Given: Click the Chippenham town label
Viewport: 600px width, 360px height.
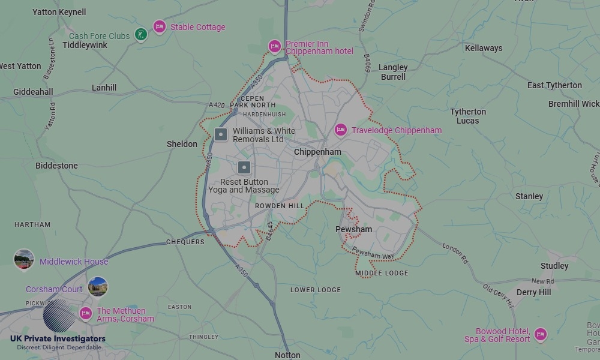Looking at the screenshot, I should coord(317,152).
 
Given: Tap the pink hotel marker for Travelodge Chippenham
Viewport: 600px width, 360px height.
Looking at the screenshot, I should coord(341,130).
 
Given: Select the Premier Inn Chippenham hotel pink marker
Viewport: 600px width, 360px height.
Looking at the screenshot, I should coord(275,46).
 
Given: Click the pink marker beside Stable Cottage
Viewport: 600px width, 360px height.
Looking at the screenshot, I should coord(159,26).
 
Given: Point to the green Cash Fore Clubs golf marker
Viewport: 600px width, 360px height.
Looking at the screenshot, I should coord(140,35).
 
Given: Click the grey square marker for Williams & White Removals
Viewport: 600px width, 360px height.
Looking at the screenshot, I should coord(221,134).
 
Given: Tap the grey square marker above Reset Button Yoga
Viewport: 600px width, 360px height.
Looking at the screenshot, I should coord(244,167).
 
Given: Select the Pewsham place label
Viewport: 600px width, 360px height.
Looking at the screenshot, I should coord(353,229).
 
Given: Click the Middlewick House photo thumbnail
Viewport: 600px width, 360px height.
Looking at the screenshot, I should coord(24,259).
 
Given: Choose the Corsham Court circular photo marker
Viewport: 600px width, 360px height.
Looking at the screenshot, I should coord(97,287).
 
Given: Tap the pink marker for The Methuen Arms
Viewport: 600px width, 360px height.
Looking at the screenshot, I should coord(86,313).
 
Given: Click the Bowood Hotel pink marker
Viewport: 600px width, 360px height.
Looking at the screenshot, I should coord(540,334).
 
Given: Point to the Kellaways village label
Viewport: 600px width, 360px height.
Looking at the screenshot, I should coord(484,48).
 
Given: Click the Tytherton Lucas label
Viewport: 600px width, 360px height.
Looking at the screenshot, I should coord(468,116).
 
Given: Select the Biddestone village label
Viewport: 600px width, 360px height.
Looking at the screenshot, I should coord(56,166).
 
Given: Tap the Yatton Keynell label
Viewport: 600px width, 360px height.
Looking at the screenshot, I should coord(59,12).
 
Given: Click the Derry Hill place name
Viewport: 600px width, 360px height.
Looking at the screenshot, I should coord(533,292).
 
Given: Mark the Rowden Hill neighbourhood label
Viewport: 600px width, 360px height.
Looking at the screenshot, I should coord(280,206).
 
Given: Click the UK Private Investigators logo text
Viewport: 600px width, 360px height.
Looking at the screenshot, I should coord(58,339).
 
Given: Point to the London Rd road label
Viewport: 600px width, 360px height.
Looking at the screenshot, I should coord(455,253).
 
